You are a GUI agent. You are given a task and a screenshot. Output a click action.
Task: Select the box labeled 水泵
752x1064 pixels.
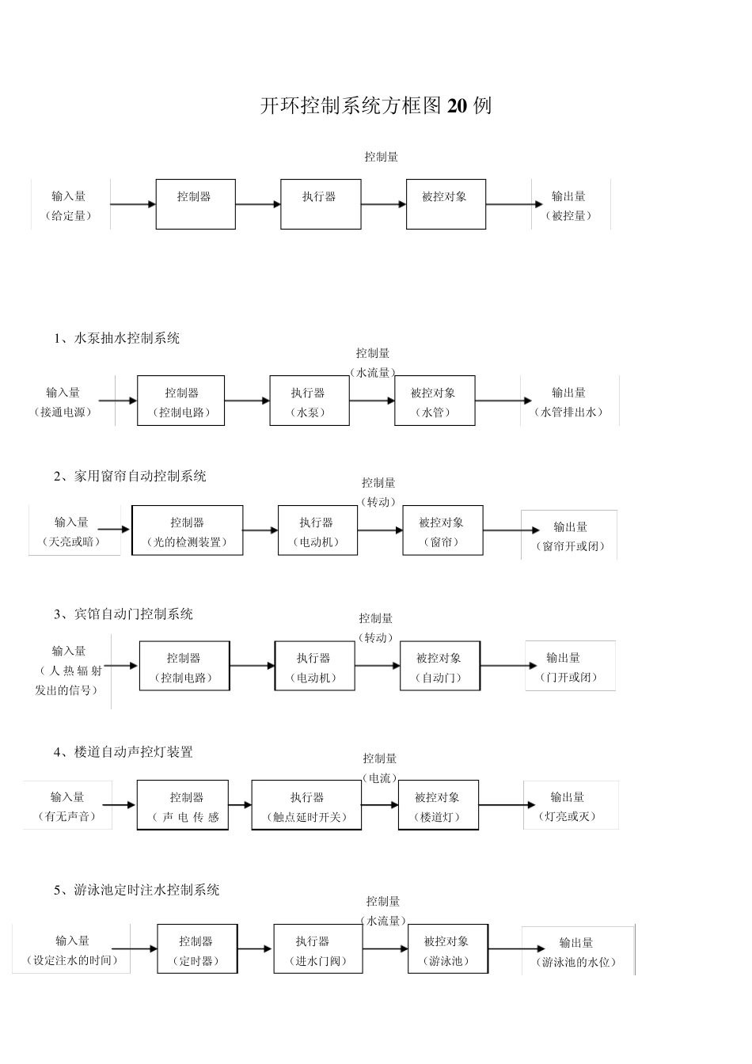pos(309,401)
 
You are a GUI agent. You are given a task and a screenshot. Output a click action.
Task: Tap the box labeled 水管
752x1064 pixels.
pos(434,401)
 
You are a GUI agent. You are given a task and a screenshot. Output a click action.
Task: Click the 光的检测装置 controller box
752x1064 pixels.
pos(187,531)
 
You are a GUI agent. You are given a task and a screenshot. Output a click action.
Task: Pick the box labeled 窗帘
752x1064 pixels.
pos(442,531)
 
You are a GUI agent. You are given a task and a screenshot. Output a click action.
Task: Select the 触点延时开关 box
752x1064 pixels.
pos(306,806)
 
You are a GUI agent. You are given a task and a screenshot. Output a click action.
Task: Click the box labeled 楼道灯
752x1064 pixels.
pos(437,806)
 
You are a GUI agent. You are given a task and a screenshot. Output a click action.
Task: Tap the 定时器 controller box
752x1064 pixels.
pos(196,950)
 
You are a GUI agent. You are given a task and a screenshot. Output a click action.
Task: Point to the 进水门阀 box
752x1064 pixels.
pos(313,950)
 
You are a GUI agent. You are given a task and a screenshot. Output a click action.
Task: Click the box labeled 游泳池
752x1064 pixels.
pos(446,950)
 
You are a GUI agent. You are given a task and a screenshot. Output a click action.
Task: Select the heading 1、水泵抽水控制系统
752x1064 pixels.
pos(116,338)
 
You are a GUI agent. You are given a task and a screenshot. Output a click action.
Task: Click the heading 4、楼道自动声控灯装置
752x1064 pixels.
pos(123,752)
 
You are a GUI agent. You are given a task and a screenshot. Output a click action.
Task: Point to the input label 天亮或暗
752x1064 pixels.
pos(71,542)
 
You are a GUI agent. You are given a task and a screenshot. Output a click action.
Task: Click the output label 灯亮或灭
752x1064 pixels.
pos(567,817)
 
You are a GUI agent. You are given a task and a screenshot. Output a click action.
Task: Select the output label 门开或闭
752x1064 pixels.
pos(568,678)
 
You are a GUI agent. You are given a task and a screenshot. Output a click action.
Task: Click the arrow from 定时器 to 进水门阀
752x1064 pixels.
pos(255,949)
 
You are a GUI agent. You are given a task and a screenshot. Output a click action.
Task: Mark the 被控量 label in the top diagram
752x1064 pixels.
pos(568,216)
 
